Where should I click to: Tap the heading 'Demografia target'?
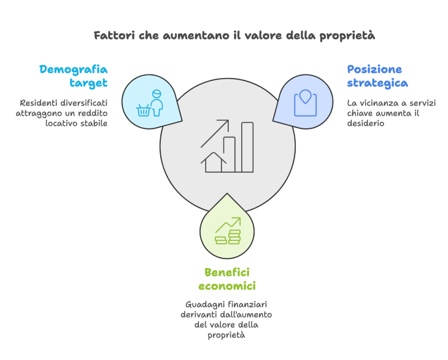(74, 76)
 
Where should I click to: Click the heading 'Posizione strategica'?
(377, 76)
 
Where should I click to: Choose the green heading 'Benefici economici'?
(227, 279)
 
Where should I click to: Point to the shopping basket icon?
(144, 111)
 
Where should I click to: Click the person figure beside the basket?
(156, 103)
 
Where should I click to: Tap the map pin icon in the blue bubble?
(305, 96)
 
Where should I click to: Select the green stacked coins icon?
(228, 237)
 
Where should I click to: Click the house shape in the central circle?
(214, 162)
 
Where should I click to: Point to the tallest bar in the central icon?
(247, 147)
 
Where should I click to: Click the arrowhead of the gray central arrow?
(225, 124)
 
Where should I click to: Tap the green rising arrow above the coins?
(228, 225)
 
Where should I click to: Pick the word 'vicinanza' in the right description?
(379, 103)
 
